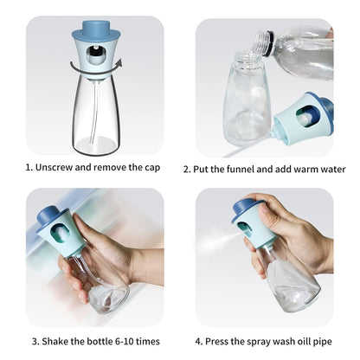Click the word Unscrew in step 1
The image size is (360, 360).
point(54,167)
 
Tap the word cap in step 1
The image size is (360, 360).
point(152,168)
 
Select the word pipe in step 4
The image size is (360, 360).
point(323,342)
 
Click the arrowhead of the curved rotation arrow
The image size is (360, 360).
point(119,63)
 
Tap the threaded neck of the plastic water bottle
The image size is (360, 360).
point(262,40)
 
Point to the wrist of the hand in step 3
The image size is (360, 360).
point(147,267)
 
